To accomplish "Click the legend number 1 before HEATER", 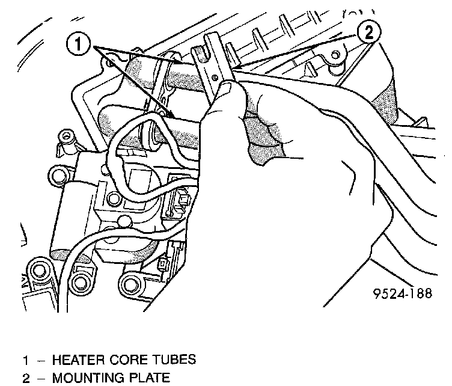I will [x=26, y=361].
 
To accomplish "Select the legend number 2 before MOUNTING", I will [x=26, y=379].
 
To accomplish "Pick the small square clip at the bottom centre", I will [x=163, y=265].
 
